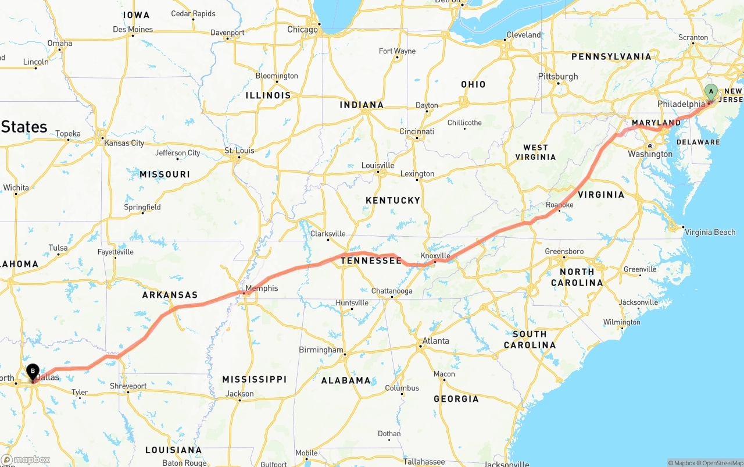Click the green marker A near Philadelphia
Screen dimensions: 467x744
click(x=711, y=92)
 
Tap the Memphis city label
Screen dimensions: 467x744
click(x=262, y=288)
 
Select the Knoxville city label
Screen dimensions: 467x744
click(x=435, y=256)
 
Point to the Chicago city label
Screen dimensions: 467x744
click(x=302, y=30)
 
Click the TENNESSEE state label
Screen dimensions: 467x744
click(x=371, y=261)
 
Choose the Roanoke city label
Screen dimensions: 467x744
click(x=560, y=205)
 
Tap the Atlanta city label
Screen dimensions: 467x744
click(x=435, y=341)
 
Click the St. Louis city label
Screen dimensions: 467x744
click(x=239, y=151)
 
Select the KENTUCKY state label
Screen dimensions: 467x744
click(x=393, y=200)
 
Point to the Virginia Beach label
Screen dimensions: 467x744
click(x=710, y=232)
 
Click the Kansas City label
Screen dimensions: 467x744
click(x=124, y=143)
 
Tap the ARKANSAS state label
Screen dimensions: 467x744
click(x=170, y=295)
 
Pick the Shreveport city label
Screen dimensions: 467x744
click(x=128, y=386)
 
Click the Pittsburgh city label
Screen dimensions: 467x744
click(x=558, y=76)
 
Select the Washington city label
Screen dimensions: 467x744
click(x=650, y=154)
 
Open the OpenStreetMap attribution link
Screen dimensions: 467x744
click(x=721, y=463)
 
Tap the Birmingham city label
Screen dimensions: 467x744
click(x=321, y=350)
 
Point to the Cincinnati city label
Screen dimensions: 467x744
click(x=416, y=131)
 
